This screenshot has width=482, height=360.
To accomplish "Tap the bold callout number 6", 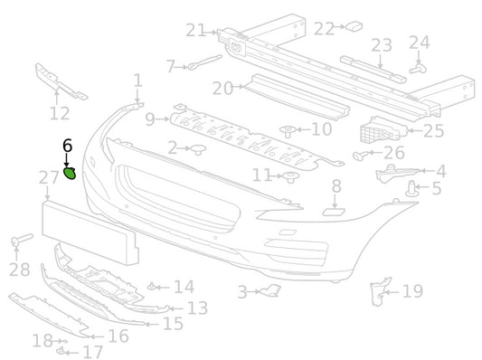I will [66, 145].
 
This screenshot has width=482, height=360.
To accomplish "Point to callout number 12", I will [59, 113].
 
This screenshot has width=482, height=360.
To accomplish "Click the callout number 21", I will [196, 31].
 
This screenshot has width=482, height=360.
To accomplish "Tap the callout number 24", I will [419, 42].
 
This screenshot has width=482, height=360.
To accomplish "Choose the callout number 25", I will [433, 130].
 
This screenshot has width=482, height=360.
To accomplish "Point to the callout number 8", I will [336, 187].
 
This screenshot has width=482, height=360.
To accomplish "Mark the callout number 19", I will [412, 291].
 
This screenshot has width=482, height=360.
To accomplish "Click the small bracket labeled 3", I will [269, 290].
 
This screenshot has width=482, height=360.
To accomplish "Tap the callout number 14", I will [184, 288].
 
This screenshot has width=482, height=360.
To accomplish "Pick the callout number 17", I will [92, 352].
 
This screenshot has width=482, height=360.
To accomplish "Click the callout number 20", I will [222, 88].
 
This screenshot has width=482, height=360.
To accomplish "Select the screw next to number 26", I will [360, 156].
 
